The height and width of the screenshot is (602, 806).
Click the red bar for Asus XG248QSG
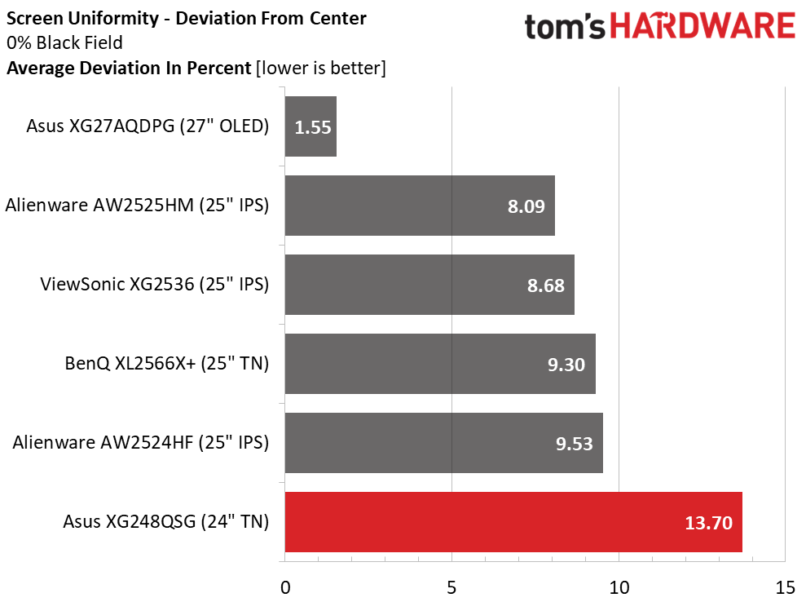(513, 522)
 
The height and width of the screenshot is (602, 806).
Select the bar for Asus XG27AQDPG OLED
(311, 126)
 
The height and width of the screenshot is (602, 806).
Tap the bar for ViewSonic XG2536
(429, 285)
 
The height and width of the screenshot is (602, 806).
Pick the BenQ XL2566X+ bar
(440, 364)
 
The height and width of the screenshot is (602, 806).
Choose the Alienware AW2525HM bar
(420, 206)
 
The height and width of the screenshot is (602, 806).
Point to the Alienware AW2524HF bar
(443, 443)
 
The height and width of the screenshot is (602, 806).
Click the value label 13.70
(708, 523)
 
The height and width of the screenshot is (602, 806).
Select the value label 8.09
(526, 206)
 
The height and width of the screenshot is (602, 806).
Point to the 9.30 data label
(566, 365)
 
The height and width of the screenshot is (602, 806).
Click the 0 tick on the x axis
(285, 587)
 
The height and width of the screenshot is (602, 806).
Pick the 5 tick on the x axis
(452, 587)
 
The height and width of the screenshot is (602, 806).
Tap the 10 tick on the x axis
(619, 587)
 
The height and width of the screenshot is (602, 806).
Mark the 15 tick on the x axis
(785, 587)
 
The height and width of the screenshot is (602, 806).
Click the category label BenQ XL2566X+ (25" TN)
(167, 364)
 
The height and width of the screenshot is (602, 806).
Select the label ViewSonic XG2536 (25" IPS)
(155, 285)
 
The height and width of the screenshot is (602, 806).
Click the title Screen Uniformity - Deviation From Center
(187, 18)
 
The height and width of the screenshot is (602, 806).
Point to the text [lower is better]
(320, 68)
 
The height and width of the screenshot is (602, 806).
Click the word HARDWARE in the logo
(703, 27)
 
